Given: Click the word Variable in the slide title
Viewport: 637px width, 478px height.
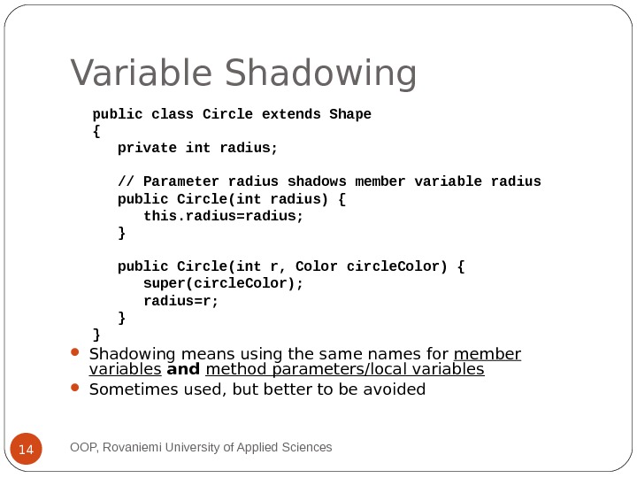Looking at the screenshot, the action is click(142, 74).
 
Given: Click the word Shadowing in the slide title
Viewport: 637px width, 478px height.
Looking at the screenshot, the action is click(320, 74).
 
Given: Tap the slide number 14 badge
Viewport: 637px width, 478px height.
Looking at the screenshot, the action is click(26, 450).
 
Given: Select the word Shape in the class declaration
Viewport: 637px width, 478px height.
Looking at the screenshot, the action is click(350, 114).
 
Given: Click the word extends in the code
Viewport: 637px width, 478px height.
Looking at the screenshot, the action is click(292, 114).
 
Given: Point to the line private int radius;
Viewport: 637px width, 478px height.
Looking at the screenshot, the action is click(197, 148).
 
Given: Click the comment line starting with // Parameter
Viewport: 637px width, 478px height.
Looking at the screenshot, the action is click(329, 181).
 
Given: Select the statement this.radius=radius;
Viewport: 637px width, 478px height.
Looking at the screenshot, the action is click(223, 215).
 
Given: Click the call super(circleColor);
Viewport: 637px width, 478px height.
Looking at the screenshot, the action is click(223, 283).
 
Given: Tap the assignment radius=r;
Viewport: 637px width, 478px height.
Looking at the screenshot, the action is click(180, 300).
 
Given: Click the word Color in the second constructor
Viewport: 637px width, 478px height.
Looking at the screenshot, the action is click(317, 266).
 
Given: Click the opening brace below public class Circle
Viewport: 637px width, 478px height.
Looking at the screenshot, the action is click(96, 131).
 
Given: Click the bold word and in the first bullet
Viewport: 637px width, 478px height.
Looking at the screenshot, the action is click(183, 369).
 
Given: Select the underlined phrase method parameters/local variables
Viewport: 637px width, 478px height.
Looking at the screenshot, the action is click(345, 369).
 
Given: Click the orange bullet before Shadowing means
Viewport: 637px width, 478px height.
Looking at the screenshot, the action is click(75, 354).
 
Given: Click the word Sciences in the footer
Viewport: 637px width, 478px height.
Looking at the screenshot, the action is click(305, 448).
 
